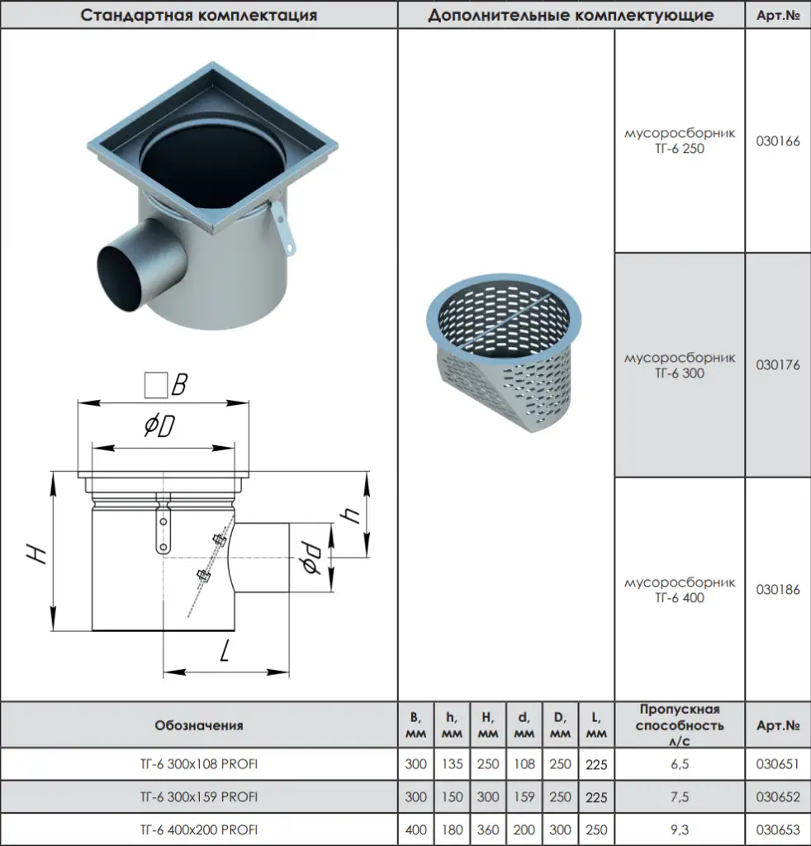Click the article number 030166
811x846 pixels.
778,141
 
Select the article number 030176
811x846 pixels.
778,365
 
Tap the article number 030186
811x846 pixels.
778,590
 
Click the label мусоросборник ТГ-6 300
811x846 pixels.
680,365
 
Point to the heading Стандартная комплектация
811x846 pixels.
198,15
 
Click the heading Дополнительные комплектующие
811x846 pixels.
571,15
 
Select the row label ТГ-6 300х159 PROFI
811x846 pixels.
199,797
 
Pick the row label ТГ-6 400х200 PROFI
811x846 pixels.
199,829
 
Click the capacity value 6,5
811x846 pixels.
680,764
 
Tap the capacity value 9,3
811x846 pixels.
680,829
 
